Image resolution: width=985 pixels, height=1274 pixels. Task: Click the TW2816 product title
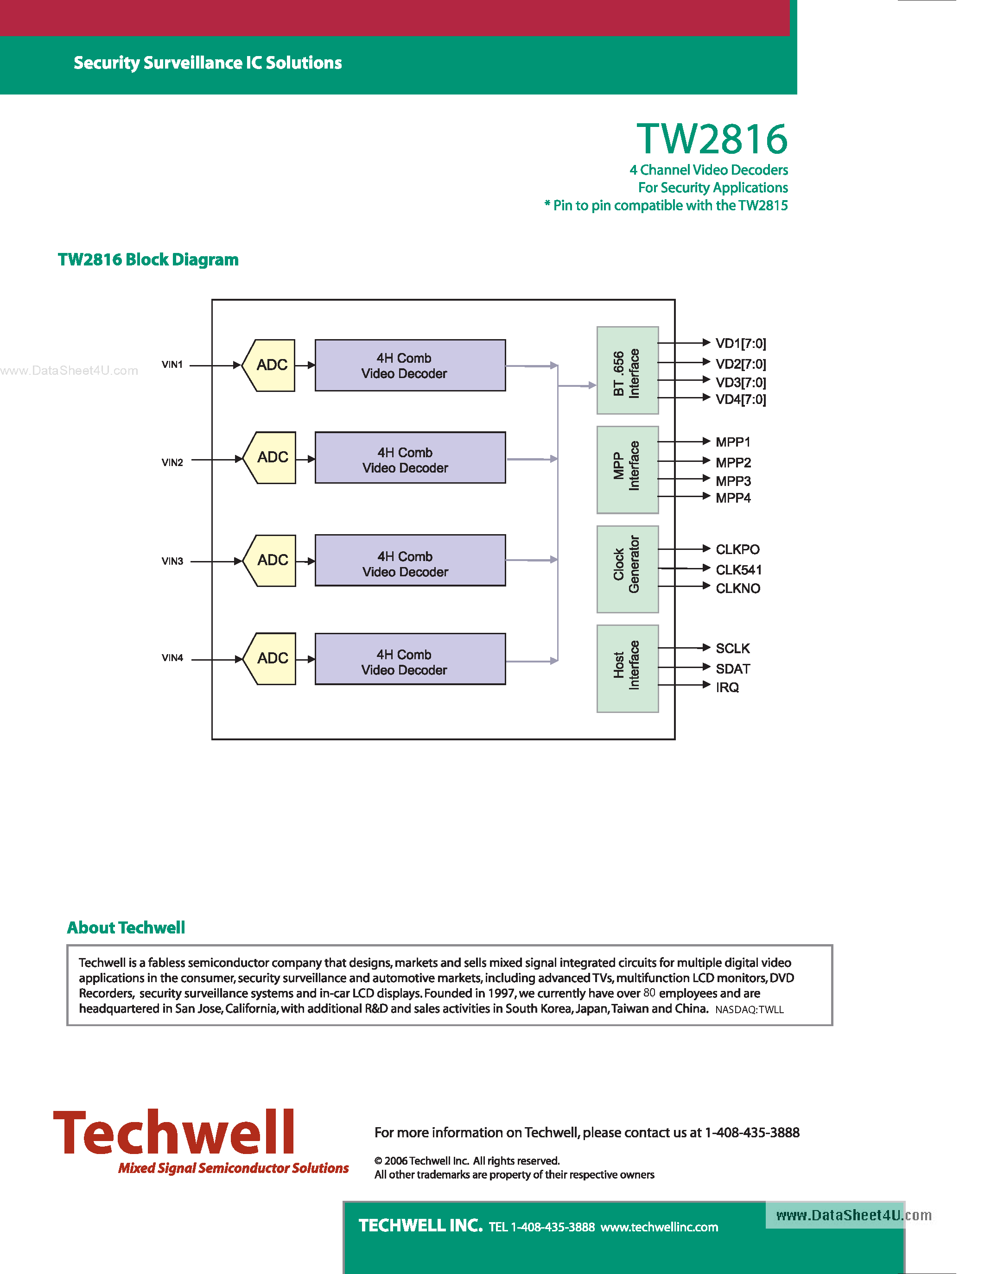[712, 139]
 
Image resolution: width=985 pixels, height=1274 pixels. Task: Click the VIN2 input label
[172, 463]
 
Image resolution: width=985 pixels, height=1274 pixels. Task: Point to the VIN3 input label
[172, 561]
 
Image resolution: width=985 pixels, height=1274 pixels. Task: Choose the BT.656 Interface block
[627, 371]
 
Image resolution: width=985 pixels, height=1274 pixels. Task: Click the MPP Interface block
[627, 470]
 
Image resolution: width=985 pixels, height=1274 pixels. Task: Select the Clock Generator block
[627, 569]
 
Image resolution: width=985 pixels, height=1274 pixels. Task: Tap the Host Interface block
[627, 669]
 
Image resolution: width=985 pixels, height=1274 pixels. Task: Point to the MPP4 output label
[733, 498]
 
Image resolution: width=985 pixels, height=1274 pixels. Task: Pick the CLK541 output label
[738, 570]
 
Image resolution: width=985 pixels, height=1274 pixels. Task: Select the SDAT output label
[732, 669]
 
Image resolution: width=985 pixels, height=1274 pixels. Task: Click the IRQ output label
[727, 688]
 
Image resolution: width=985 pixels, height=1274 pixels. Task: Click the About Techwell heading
[126, 927]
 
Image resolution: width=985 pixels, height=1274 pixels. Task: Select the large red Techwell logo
[174, 1133]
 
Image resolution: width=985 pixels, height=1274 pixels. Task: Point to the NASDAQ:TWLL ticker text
[749, 1010]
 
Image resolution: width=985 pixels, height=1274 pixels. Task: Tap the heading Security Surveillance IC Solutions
[208, 63]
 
